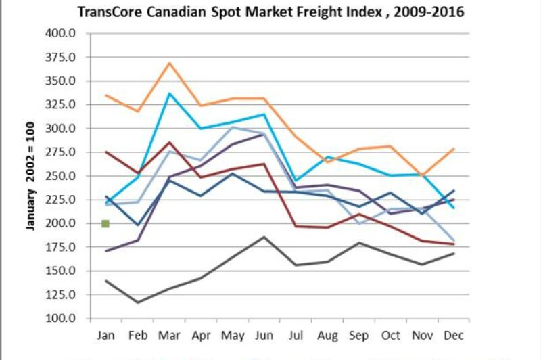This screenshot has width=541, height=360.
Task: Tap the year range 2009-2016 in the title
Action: pos(432,12)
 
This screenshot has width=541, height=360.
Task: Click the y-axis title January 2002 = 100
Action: pos(30,175)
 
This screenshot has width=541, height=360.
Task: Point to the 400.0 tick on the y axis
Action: pos(61,33)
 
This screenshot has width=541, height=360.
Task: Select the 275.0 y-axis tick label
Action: pos(61,152)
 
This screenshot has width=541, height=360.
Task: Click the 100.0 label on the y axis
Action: pos(61,319)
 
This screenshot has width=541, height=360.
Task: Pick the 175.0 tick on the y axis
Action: pos(61,248)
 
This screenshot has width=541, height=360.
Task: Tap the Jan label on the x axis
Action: pos(105,335)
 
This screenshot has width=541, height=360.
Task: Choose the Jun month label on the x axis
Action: pos(264,335)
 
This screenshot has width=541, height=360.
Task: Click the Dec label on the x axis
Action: pos(453,335)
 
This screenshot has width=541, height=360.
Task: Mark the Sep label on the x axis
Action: pos(358,335)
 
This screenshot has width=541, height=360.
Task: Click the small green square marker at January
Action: pos(105,223)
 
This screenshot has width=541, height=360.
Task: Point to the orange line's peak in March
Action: pos(170,63)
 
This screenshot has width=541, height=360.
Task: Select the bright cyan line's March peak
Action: pos(170,93)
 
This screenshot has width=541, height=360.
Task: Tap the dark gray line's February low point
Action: pos(138,302)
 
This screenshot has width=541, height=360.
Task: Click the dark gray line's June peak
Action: pos(264,237)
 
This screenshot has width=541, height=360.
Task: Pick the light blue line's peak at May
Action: pos(233,127)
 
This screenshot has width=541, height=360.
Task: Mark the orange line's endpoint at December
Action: pos(454,148)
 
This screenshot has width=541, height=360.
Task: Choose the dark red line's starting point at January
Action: pos(106,152)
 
